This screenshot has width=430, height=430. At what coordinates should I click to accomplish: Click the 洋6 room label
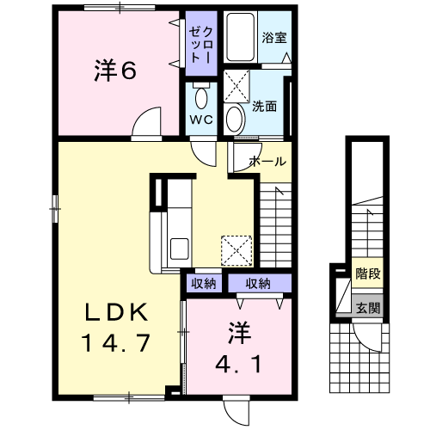coord(115,71)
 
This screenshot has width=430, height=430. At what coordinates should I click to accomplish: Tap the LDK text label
coord(116,312)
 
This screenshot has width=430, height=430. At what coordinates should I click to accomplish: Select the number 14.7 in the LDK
coord(116,343)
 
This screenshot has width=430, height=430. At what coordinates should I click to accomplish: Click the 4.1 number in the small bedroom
coord(238,364)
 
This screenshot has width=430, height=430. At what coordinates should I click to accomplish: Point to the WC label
coord(201,120)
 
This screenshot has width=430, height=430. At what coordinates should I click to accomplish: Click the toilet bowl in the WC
coord(201,97)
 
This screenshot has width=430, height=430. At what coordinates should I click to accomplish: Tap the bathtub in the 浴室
coord(240,37)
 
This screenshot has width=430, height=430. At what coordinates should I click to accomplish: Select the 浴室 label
coord(274,38)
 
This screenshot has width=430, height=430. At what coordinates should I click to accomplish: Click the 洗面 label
coord(264,107)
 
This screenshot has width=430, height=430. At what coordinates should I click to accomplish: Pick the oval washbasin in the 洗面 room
coord(235,119)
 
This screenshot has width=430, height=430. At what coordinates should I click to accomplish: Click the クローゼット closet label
coord(201,45)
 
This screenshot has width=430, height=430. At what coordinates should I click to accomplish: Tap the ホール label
coord(268,162)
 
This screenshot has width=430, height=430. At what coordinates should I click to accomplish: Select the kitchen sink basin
coord(180,249)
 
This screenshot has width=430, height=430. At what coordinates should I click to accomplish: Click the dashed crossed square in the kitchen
coord(236,251)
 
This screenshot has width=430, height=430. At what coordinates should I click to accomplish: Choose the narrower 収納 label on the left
coord(204,284)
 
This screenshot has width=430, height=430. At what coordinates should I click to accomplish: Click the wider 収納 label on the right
coord(258,284)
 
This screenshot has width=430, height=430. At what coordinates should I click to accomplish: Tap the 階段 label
coord(368,273)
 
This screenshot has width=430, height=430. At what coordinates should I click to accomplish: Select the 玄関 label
coord(368,309)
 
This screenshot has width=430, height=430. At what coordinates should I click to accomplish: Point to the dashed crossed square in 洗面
coord(236,86)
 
